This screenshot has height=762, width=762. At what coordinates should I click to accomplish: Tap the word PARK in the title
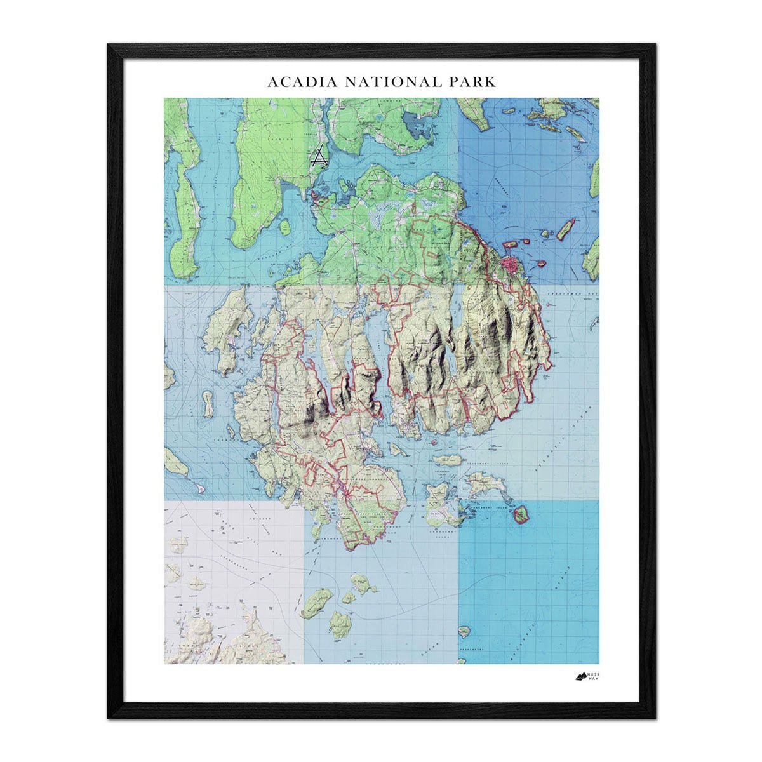[x=472, y=82]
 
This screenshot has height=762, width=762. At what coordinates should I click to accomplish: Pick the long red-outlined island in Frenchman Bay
[x=565, y=229]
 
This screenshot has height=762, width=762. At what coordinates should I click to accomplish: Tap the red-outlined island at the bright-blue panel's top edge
[x=521, y=514]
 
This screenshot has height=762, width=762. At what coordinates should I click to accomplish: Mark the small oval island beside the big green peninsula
[x=284, y=227]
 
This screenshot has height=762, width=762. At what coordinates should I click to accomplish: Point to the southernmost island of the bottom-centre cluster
[x=340, y=625]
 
